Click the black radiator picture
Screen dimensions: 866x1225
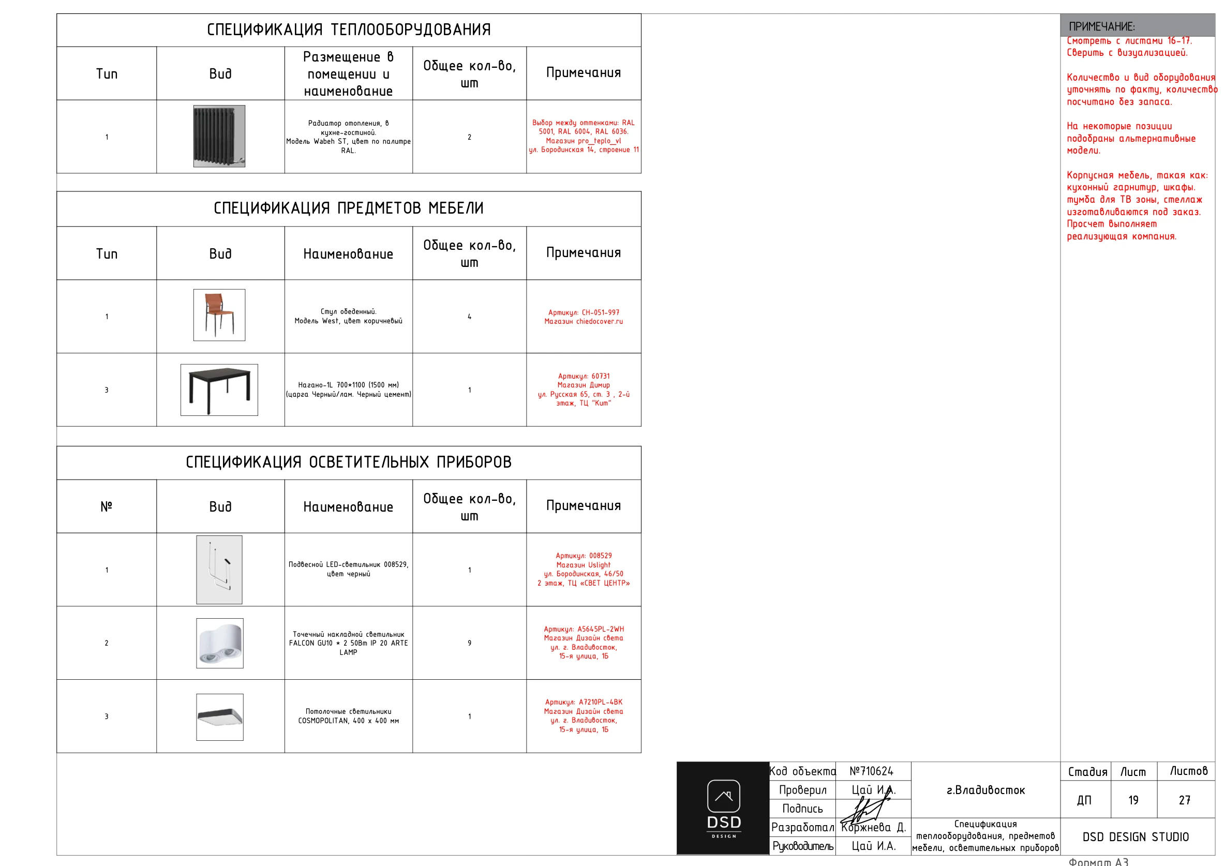[x=219, y=136]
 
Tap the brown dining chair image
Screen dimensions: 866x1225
[x=219, y=315]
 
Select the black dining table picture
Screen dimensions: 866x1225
[x=219, y=390]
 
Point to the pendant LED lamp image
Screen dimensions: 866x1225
[x=219, y=570]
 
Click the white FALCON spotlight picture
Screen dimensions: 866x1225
[x=220, y=643]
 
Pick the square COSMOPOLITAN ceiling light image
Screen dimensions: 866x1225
[x=220, y=716]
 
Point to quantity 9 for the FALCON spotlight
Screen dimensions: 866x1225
[x=470, y=643]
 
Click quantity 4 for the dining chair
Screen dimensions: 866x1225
[x=470, y=317]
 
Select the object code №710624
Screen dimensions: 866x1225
[x=871, y=771]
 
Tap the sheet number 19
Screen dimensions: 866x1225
[x=1133, y=800]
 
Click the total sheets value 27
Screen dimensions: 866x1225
[x=1185, y=800]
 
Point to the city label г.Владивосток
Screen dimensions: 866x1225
[x=985, y=790]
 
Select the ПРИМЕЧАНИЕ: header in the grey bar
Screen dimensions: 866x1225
[x=1102, y=26]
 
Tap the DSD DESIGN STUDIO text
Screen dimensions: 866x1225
[x=1136, y=837]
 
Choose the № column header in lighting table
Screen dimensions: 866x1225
[x=106, y=506]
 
